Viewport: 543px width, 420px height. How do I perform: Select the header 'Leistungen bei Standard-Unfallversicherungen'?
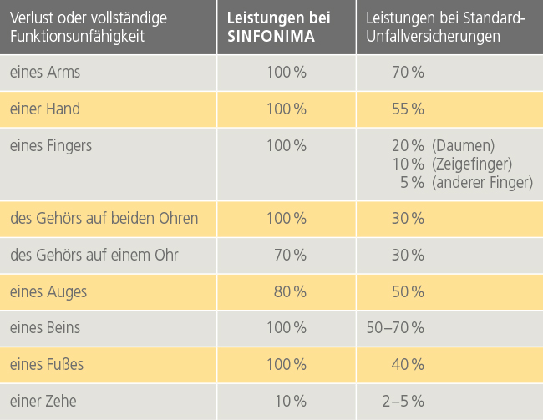click(x=439, y=27)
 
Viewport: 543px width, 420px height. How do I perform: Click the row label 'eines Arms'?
click(x=45, y=73)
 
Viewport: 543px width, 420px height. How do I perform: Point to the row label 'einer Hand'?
click(x=45, y=109)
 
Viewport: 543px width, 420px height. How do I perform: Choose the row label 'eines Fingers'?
click(x=51, y=145)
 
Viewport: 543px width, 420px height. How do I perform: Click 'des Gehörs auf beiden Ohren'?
click(x=104, y=219)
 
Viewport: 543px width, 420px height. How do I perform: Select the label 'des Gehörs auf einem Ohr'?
click(x=94, y=255)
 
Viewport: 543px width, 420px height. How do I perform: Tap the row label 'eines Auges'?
click(x=48, y=291)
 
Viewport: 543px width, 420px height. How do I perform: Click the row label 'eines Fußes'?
click(x=48, y=365)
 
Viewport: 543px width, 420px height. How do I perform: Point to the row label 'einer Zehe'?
click(x=43, y=402)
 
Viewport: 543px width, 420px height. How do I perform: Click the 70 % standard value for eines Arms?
click(x=408, y=73)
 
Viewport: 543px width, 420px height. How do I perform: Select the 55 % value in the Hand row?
click(x=408, y=109)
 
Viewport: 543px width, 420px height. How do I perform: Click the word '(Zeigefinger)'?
click(x=472, y=164)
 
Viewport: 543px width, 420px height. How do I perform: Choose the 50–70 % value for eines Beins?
click(x=396, y=328)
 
